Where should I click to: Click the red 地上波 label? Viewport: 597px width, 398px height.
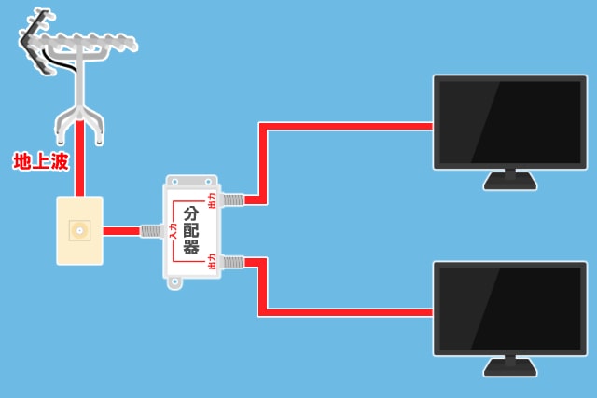click(41, 162)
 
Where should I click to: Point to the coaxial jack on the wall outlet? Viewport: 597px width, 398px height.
click(78, 228)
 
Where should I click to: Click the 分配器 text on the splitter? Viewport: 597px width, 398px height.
click(193, 229)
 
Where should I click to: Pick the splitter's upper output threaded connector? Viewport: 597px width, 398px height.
click(230, 199)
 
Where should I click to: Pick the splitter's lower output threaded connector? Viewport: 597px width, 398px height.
click(230, 262)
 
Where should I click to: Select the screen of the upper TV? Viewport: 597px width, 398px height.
click(509, 121)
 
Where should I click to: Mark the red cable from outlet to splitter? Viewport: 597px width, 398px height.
click(120, 230)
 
